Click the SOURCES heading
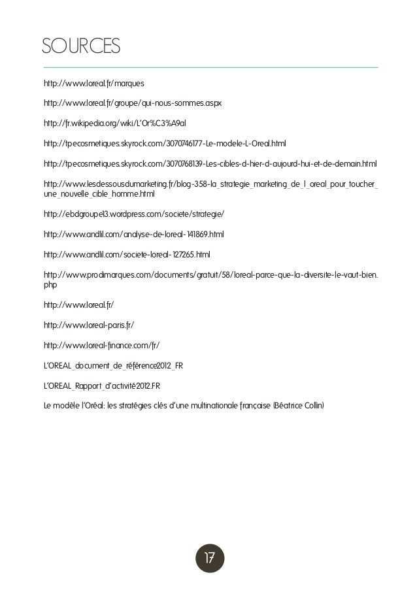click(x=81, y=47)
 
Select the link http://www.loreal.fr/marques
click(x=94, y=84)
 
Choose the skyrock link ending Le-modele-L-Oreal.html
click(x=165, y=143)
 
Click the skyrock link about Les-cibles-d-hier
click(x=210, y=163)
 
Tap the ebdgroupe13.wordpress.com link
click(x=134, y=214)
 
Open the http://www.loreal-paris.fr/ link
click(x=89, y=325)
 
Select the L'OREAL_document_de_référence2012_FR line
click(x=112, y=365)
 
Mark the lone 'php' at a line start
click(x=50, y=285)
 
